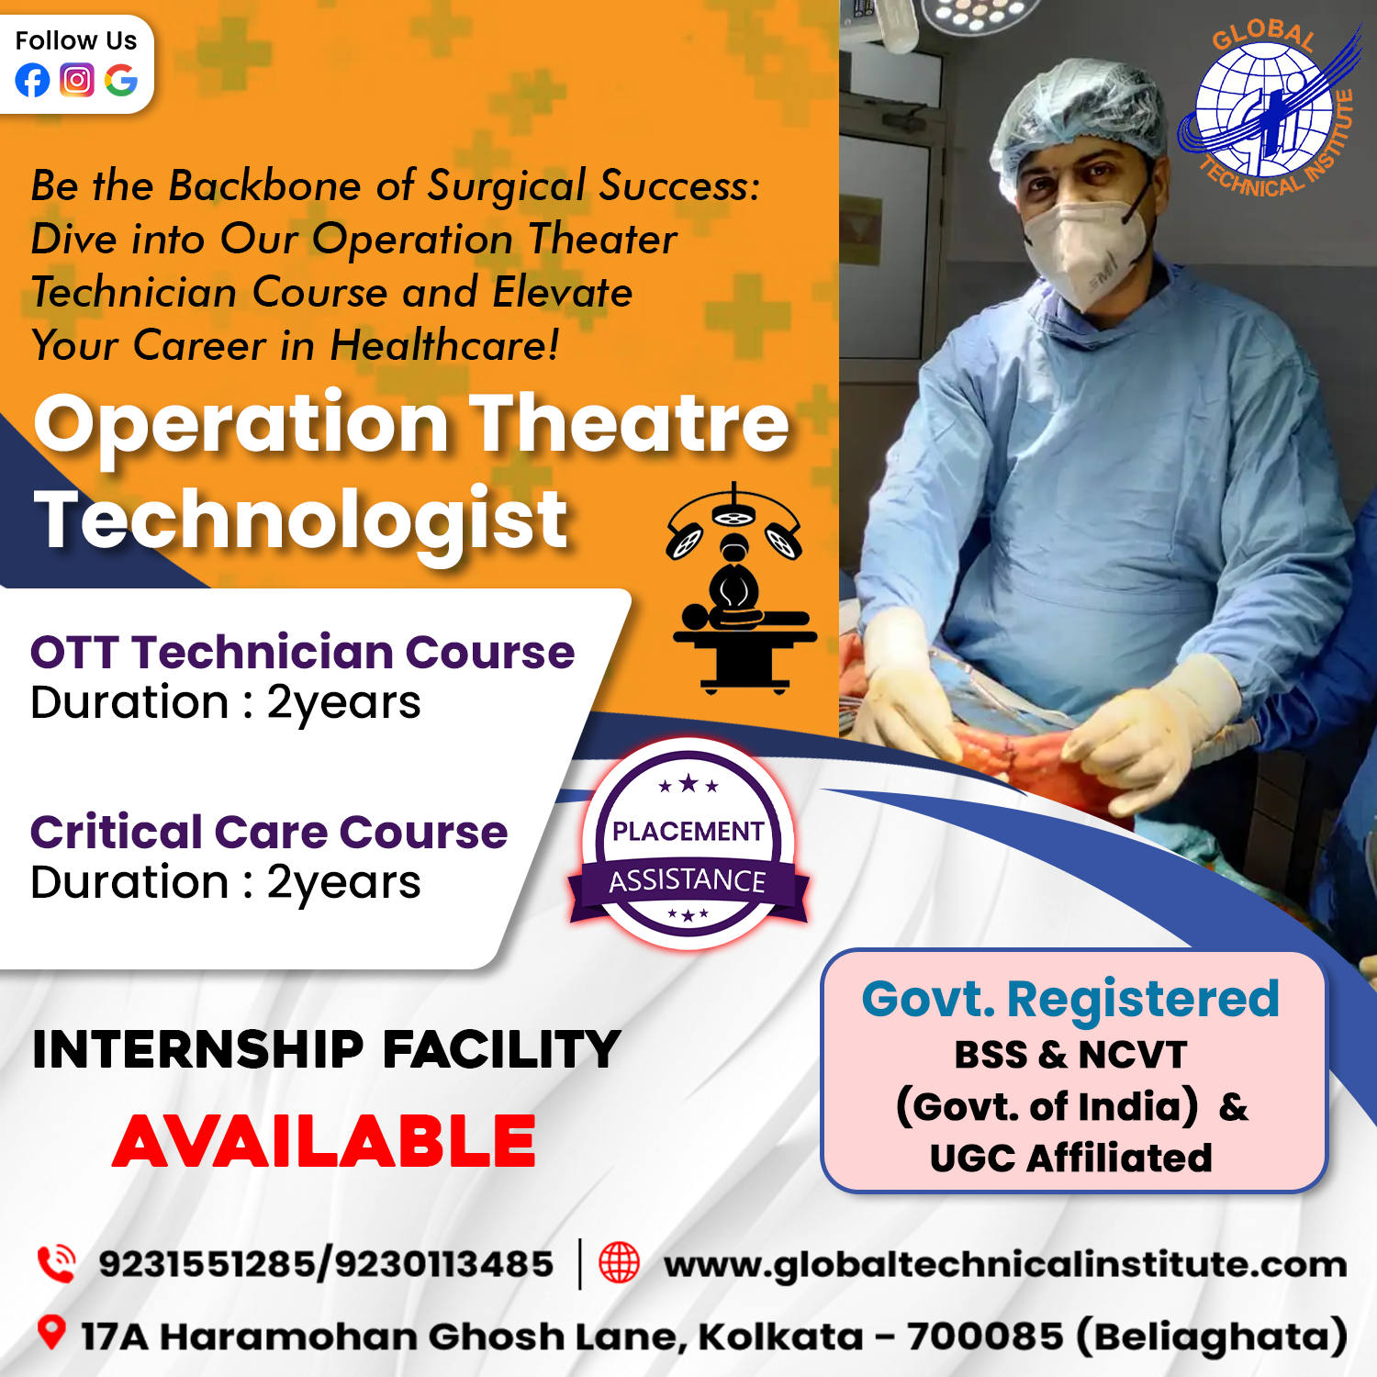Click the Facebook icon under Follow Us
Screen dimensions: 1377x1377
(x=32, y=81)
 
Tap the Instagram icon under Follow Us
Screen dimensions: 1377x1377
(x=77, y=81)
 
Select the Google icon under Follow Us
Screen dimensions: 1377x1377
(x=121, y=81)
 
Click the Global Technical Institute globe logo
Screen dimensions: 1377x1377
(x=1267, y=110)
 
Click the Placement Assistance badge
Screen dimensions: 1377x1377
(x=688, y=845)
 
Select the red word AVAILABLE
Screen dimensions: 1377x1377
(x=324, y=1141)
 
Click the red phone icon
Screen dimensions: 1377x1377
(x=56, y=1263)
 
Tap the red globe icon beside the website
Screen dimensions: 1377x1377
(x=620, y=1262)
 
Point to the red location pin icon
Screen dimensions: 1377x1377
(x=51, y=1333)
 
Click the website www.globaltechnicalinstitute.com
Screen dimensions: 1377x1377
(x=1005, y=1265)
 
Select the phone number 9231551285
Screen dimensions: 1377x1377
(x=207, y=1264)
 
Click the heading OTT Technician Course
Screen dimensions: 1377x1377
(x=303, y=652)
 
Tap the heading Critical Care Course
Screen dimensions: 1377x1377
(x=269, y=832)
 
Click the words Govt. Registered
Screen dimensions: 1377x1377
(x=1070, y=999)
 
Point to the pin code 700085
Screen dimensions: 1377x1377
(x=985, y=1337)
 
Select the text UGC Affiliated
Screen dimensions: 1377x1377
(x=1070, y=1159)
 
